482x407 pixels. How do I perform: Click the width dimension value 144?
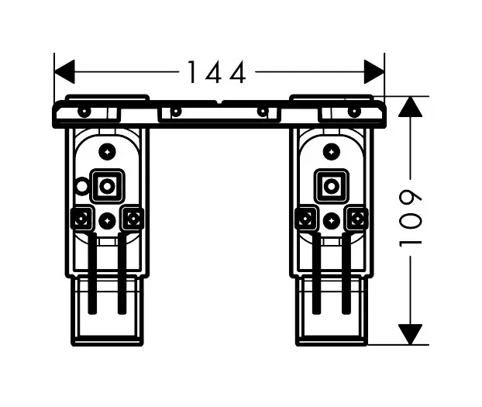(x=216, y=73)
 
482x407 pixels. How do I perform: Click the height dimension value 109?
(x=411, y=220)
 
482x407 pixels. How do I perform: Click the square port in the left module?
(x=107, y=186)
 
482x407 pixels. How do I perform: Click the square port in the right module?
(x=332, y=186)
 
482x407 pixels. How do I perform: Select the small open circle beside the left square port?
(x=82, y=186)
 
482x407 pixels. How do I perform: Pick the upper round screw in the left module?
(x=107, y=150)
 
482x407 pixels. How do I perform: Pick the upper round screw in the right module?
(x=332, y=150)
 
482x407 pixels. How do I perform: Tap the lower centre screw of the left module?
(x=107, y=221)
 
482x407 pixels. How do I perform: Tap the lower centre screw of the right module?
(x=332, y=221)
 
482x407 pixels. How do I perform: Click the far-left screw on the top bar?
(x=84, y=112)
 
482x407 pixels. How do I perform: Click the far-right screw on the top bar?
(x=354, y=112)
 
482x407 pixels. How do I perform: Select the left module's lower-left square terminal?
(x=81, y=219)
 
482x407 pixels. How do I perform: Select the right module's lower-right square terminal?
(x=357, y=219)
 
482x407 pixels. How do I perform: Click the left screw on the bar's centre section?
(x=175, y=112)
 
